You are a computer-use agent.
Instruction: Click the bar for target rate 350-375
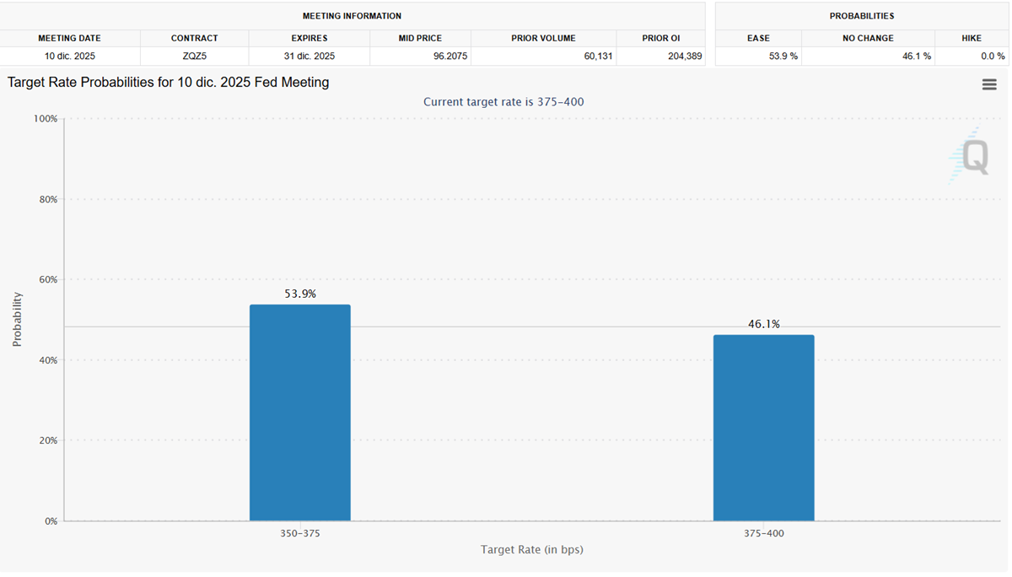tap(299, 413)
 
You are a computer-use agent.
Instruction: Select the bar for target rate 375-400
tap(763, 428)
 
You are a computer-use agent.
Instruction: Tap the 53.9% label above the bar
tap(300, 294)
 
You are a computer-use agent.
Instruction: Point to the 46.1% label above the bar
tap(764, 324)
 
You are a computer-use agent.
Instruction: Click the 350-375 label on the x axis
tap(300, 534)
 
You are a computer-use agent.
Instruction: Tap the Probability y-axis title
tap(17, 320)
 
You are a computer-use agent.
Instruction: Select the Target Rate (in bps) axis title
tap(531, 550)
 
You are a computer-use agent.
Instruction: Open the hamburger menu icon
tap(989, 84)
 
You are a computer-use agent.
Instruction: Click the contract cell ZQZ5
tap(194, 57)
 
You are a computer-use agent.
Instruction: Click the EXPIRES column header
tap(309, 38)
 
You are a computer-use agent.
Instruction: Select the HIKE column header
tap(972, 38)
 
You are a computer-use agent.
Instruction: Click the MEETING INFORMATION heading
tap(352, 16)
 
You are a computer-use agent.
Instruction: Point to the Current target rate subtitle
tap(503, 102)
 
